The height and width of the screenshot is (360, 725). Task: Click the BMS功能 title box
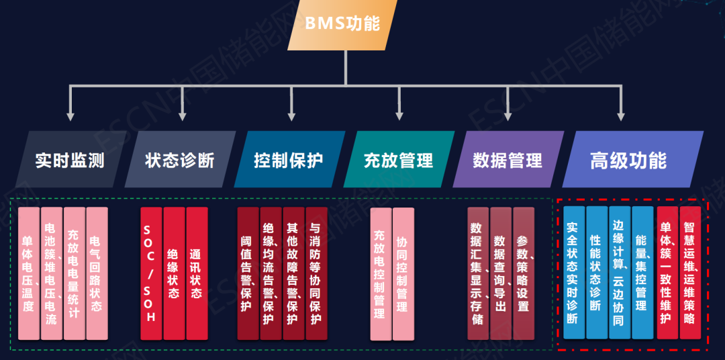pos(342,25)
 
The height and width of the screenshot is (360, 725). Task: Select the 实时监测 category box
pos(70,159)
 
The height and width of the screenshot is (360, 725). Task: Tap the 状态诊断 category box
pos(180,159)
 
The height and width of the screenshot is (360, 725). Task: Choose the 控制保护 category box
pos(289,159)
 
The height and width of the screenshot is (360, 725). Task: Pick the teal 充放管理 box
pos(399,159)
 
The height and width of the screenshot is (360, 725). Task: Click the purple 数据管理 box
pos(508,159)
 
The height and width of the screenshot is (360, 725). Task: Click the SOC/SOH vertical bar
pos(151,273)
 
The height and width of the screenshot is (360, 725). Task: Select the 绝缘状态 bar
pos(174,273)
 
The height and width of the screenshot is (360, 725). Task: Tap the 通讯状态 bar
pos(197,273)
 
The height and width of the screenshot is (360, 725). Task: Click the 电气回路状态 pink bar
pos(97,273)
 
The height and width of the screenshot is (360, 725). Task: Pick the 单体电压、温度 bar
pos(29,273)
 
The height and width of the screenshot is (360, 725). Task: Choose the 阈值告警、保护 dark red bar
pos(248,273)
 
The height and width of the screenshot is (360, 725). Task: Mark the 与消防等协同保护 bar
pos(317,273)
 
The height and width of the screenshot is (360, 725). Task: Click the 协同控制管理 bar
pos(403,273)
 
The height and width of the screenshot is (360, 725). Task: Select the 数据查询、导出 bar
pos(501,273)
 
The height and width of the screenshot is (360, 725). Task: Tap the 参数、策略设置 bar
pos(524,273)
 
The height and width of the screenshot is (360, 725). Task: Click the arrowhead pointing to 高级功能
pos(621,116)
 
